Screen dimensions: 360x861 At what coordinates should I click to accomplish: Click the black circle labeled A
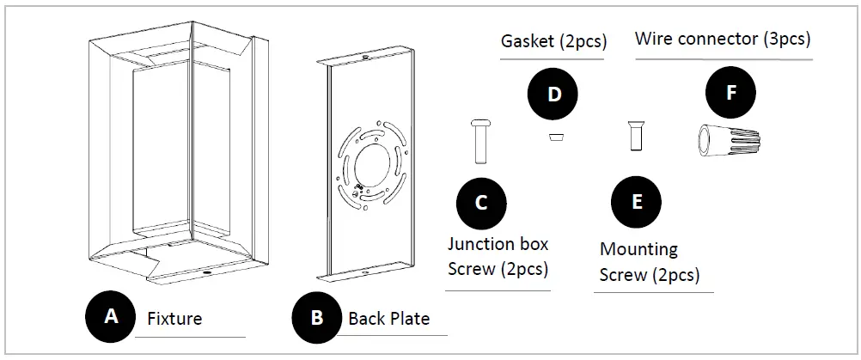pos(111,316)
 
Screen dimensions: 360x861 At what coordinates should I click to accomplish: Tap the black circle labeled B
pos(317,318)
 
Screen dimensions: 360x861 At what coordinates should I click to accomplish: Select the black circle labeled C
pos(481,202)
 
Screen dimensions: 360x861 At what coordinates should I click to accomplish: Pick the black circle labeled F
pos(730,93)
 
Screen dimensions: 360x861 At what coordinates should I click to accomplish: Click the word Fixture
pos(174,319)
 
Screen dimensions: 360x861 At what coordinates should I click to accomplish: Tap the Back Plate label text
pos(388,319)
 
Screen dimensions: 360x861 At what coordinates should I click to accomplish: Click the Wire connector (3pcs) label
pos(723,39)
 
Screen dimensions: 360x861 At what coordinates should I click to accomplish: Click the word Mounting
pos(638,250)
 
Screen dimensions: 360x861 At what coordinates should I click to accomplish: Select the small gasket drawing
pos(554,137)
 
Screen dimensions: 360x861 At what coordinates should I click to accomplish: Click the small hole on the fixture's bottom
pos(208,273)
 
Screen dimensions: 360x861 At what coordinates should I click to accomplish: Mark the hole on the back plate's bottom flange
pos(364,273)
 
